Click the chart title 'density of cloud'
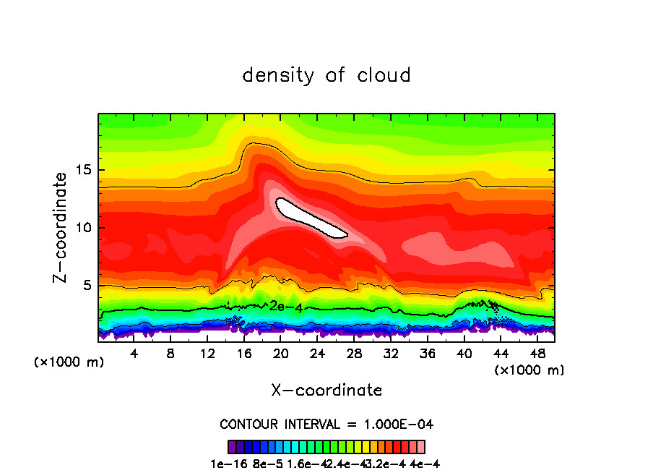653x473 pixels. (x=326, y=75)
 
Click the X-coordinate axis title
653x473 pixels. (x=326, y=391)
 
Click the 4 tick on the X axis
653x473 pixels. (x=134, y=354)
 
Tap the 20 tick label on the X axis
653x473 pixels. (x=281, y=354)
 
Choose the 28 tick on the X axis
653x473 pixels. (x=354, y=354)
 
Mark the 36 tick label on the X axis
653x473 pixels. (x=428, y=354)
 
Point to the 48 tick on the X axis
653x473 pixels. (x=537, y=354)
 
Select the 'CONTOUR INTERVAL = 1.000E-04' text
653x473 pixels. (x=326, y=424)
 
